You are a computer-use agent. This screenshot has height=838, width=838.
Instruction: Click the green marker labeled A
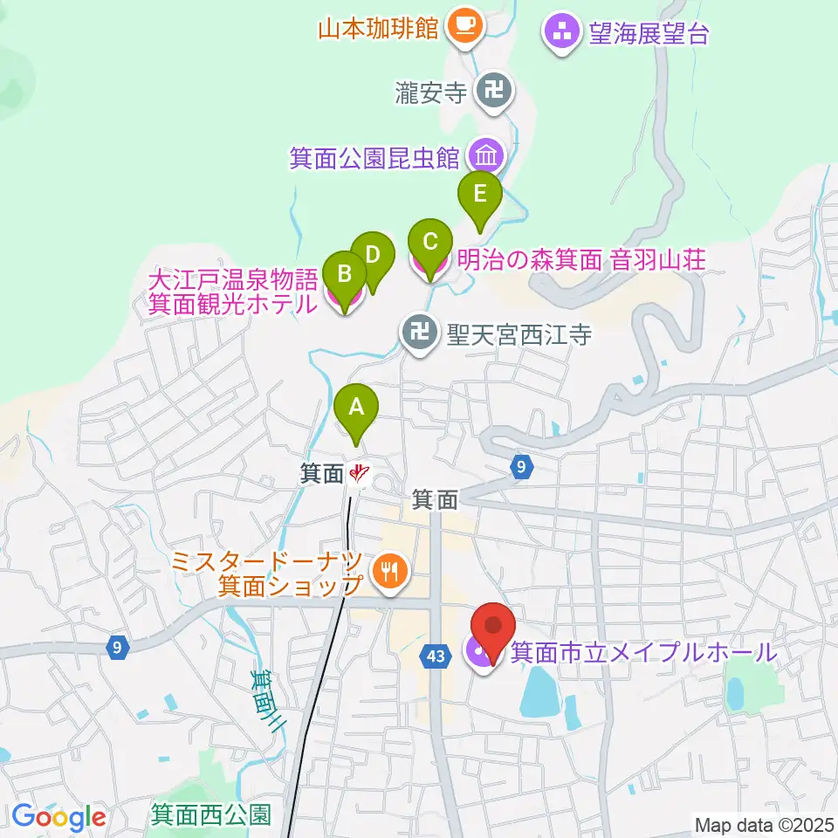tap(355, 407)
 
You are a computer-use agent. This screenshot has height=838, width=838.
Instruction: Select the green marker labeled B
tap(345, 274)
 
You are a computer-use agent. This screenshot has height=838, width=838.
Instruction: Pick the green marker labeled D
tap(373, 256)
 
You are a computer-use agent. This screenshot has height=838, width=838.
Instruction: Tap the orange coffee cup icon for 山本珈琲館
tap(462, 27)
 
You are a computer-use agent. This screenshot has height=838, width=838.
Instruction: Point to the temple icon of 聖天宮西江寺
tap(420, 333)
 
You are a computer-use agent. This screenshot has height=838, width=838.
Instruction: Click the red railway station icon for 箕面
tap(359, 475)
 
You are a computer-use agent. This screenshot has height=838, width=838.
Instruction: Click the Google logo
tap(58, 816)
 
